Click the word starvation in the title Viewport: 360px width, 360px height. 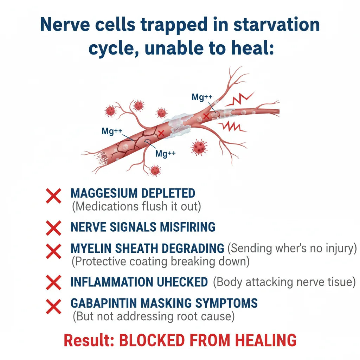[x=276, y=25]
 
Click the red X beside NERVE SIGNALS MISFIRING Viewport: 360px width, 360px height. [x=53, y=228]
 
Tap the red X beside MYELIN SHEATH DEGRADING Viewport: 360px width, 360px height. [x=53, y=251]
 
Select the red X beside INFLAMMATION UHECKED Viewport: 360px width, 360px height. [x=53, y=282]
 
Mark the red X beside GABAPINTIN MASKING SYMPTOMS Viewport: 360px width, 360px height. [x=53, y=307]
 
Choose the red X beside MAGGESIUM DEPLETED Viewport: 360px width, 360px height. [x=53, y=196]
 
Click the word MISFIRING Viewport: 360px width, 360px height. [x=188, y=227]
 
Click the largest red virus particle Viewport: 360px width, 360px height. [x=199, y=147]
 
